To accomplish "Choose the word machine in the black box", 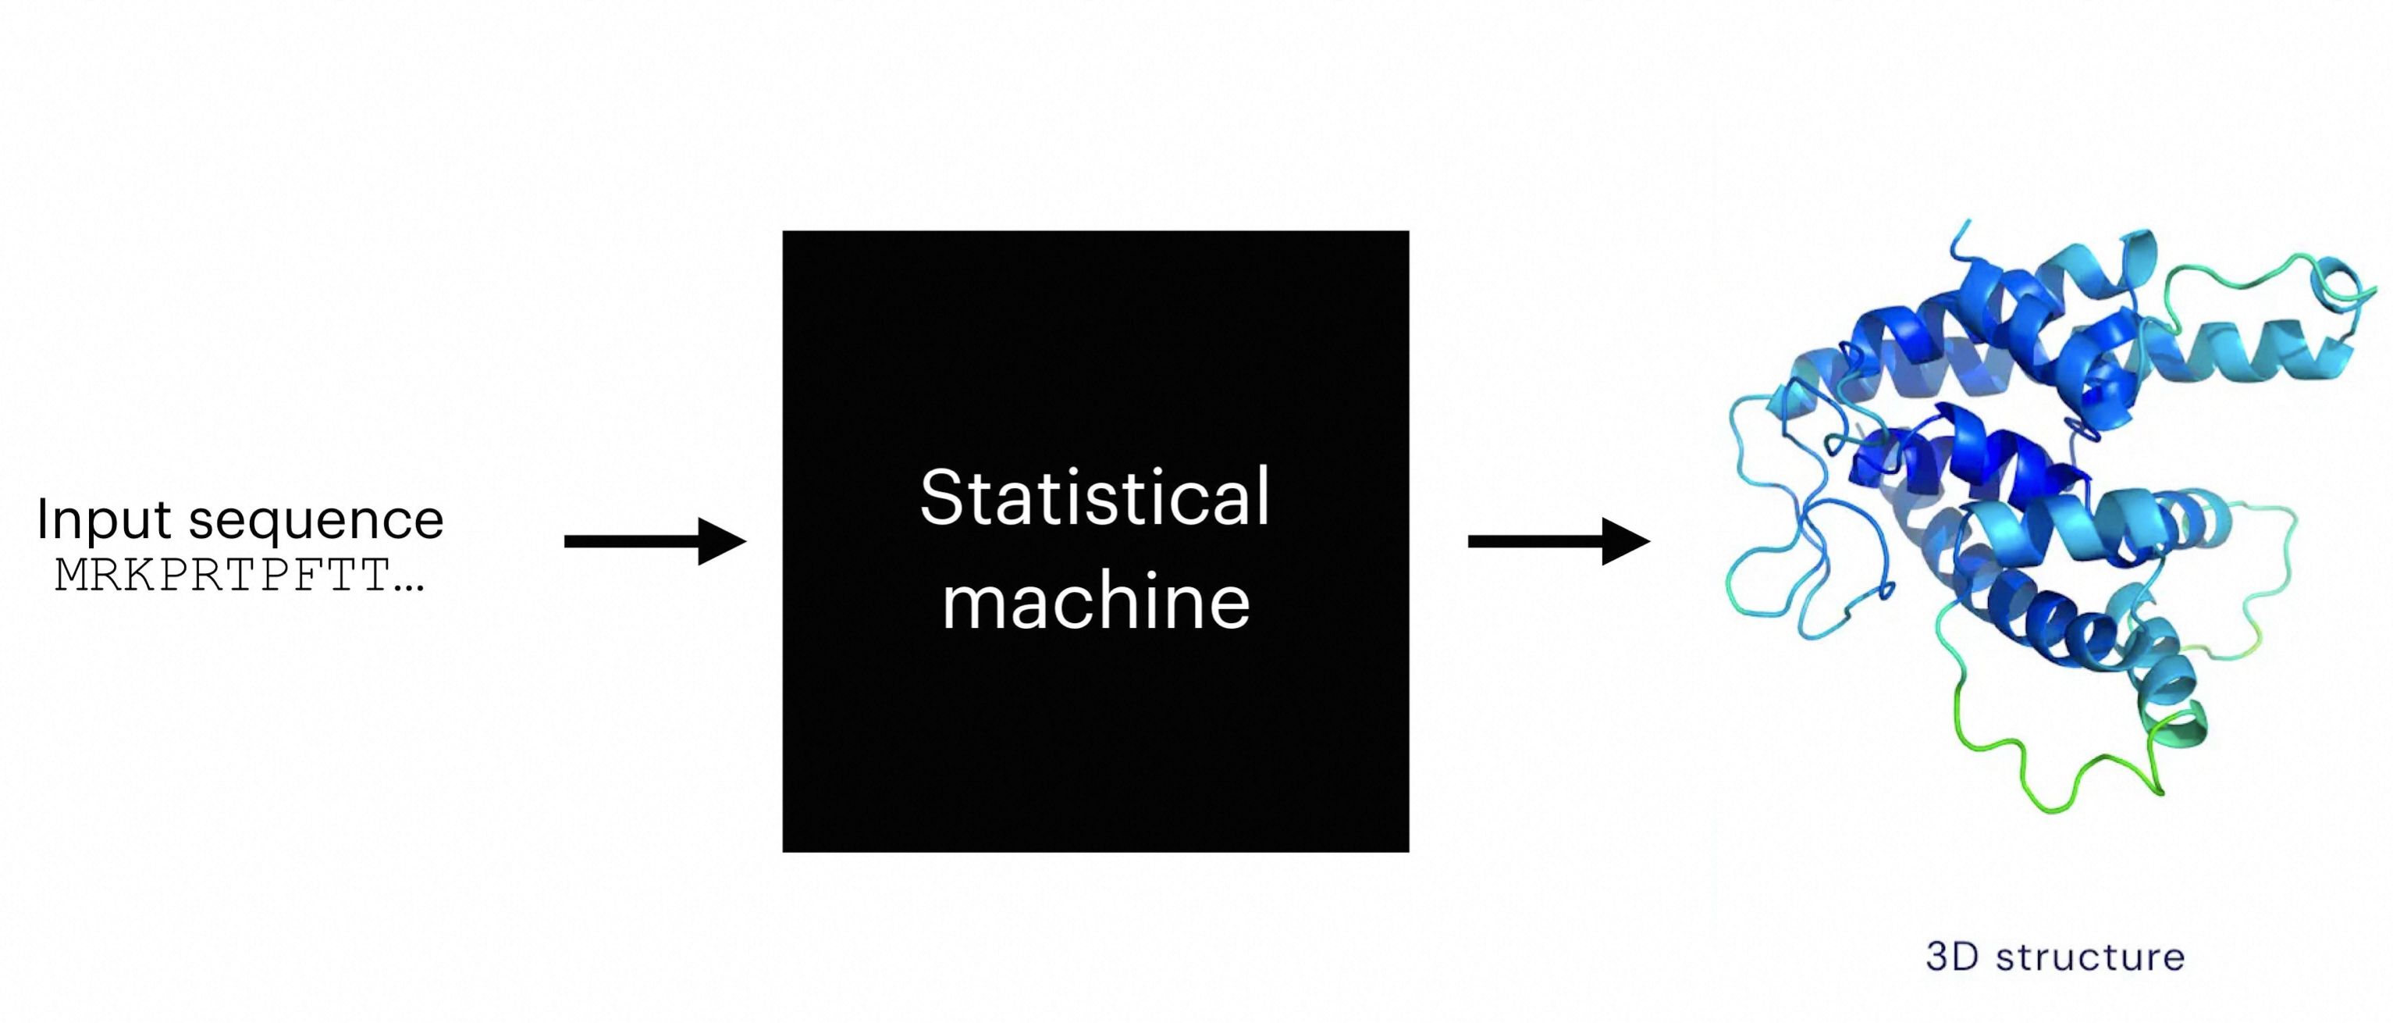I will tap(1096, 602).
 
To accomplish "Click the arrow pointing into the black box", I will tap(650, 540).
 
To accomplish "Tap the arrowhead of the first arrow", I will tap(723, 540).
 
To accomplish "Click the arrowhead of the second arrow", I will tap(1626, 540).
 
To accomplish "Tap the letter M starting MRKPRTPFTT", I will tap(73, 576).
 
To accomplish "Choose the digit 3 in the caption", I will tap(1938, 957).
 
